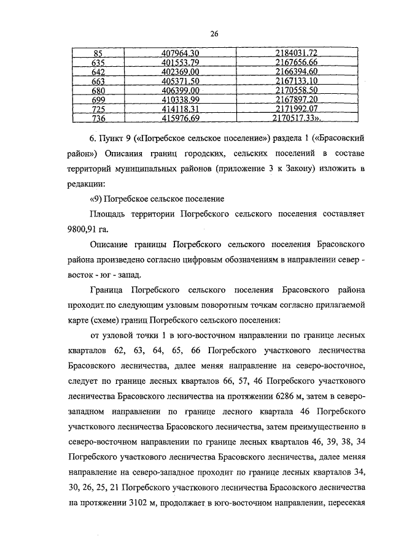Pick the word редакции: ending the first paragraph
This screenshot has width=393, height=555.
87,183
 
